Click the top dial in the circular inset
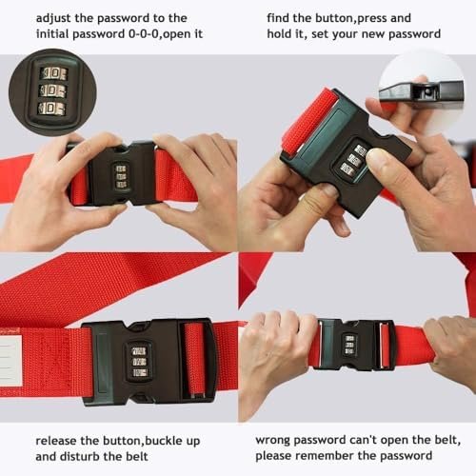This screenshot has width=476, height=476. [53, 73]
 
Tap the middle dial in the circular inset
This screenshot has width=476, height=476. [52, 91]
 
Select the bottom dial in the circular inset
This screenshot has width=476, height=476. [51, 109]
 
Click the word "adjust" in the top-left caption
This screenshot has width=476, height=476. [53, 19]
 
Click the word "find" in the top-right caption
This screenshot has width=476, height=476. [278, 18]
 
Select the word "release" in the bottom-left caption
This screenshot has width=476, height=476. [56, 441]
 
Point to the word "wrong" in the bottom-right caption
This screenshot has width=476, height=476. [272, 441]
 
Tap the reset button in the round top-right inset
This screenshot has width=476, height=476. [427, 91]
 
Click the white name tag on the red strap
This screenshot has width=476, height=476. [10, 361]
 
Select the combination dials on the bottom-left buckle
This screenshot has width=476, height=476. [139, 362]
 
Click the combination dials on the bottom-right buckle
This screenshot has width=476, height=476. [349, 345]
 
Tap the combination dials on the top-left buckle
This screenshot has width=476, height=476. [121, 177]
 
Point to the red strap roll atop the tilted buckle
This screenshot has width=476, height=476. [309, 122]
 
